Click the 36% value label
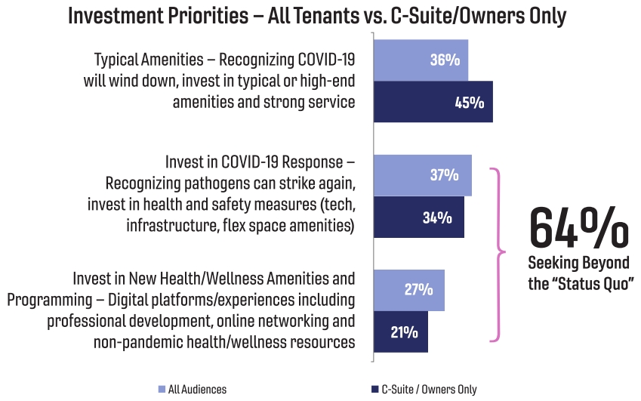(445, 60)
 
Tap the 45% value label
(469, 102)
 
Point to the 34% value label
(437, 217)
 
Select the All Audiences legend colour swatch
(162, 390)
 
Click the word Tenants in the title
(341, 16)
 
